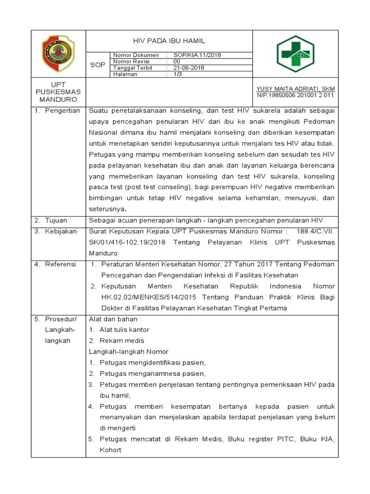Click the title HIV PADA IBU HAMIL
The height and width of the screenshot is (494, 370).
point(169,41)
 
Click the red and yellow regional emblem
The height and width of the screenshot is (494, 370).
point(58,53)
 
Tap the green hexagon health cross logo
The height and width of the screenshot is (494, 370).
point(295,54)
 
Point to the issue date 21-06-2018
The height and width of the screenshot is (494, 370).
point(189,68)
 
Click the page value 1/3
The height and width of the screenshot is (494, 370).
point(177,74)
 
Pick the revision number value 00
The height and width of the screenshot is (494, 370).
point(177,62)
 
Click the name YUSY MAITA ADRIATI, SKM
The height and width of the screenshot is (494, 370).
point(296,89)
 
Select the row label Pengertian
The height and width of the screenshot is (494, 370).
point(62,111)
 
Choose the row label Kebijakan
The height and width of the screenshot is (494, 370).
point(61,232)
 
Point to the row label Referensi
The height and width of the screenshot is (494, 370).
point(61,264)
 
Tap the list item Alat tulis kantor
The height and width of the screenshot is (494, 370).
point(124,330)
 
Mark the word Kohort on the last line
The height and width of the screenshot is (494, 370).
point(110,450)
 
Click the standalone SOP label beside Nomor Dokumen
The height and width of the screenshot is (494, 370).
point(98,65)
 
